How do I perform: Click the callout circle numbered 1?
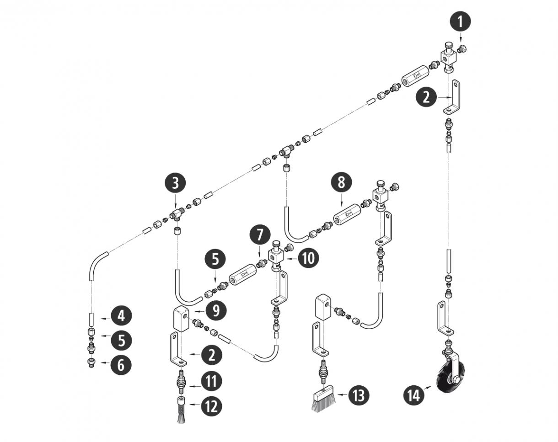460,21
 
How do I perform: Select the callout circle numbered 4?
120,316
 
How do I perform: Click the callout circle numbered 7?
260,235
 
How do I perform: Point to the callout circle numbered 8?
341,182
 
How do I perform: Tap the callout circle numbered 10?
308,258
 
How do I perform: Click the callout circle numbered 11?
211,381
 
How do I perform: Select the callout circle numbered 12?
211,405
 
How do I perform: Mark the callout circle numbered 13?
358,395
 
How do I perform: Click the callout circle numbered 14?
413,395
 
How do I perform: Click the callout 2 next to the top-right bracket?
426,98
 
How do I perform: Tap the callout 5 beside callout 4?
120,340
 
